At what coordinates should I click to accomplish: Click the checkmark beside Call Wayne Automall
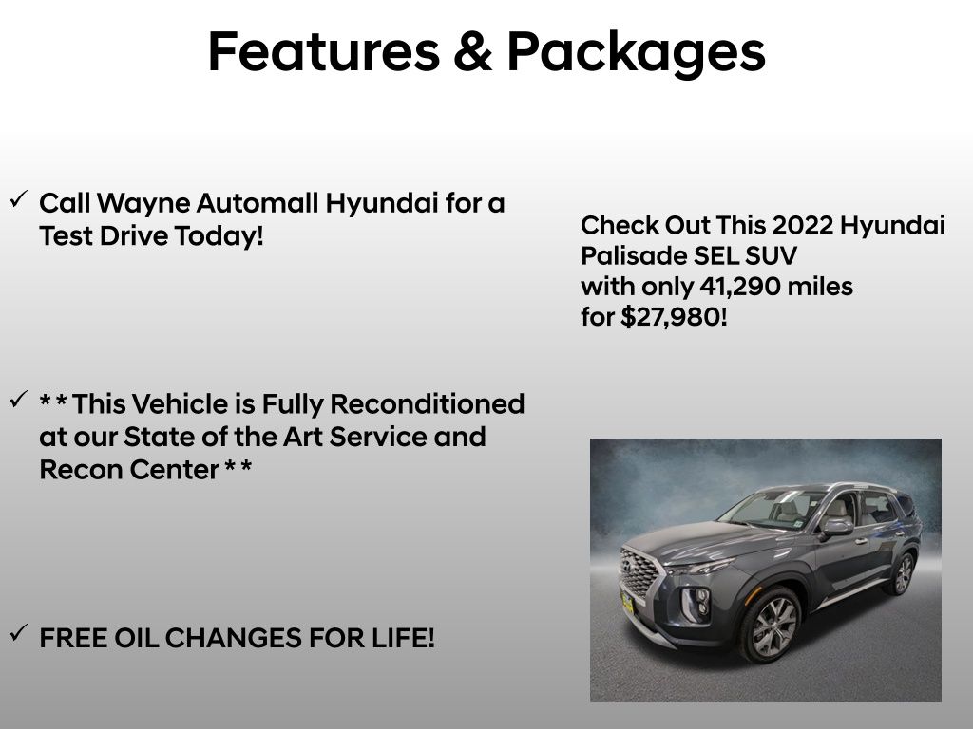[x=18, y=199]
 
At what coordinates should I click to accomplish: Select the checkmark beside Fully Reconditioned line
[x=18, y=401]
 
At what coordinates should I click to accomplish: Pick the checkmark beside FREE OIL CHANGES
[x=18, y=633]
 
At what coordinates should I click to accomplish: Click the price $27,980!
[x=674, y=317]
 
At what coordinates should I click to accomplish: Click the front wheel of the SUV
[x=774, y=626]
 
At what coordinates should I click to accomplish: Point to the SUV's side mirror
[x=837, y=526]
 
